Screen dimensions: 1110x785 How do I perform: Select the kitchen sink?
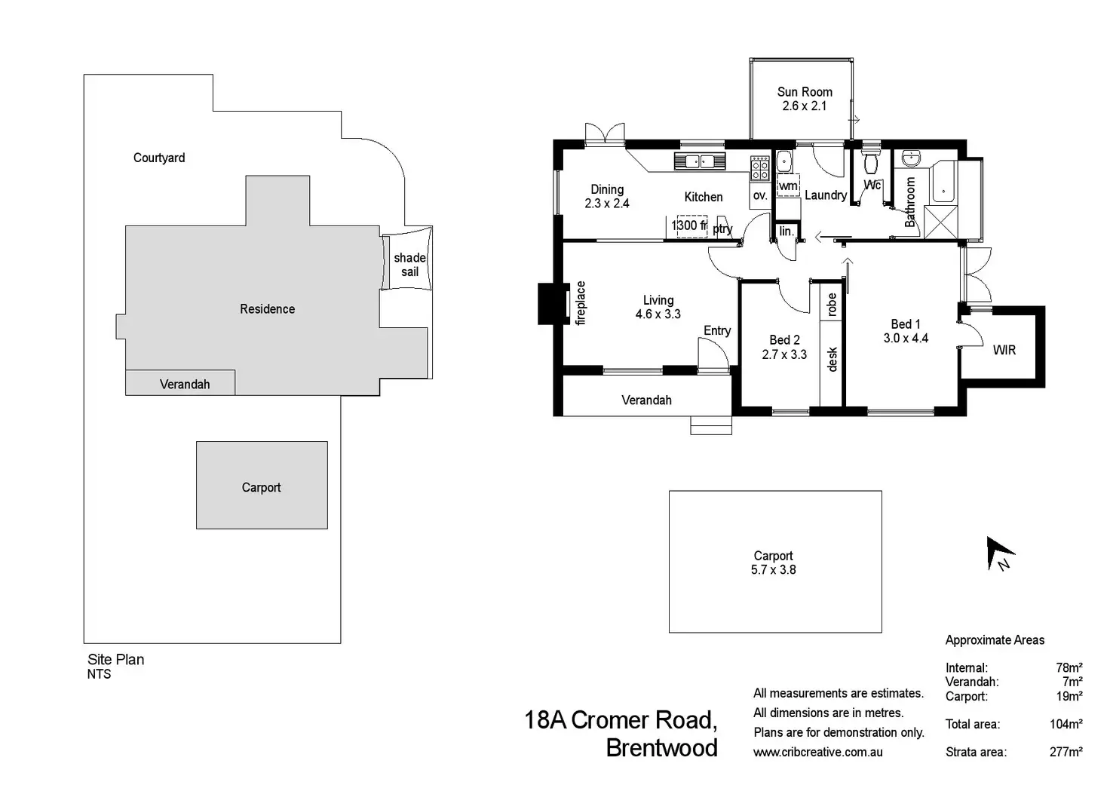[700, 161]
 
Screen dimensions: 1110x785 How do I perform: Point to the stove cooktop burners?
[759, 167]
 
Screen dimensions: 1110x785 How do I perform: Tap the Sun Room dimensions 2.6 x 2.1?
[805, 106]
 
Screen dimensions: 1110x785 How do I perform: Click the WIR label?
[1004, 350]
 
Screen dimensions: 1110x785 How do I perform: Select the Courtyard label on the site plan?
[159, 158]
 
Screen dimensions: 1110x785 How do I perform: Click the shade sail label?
[409, 265]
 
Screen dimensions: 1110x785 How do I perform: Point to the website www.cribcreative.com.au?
[817, 752]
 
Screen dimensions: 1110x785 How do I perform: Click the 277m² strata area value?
[1066, 752]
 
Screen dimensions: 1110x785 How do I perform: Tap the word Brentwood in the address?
[661, 748]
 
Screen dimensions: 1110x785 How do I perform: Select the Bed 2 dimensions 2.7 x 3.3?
[784, 354]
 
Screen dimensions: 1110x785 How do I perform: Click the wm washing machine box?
[788, 186]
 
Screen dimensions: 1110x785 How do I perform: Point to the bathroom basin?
[911, 158]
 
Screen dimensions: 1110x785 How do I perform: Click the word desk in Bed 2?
[832, 359]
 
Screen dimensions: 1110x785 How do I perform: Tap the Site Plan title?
[116, 659]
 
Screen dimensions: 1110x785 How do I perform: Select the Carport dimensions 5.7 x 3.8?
[774, 569]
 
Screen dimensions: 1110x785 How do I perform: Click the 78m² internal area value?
[1069, 667]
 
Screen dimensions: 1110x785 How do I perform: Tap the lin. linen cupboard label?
[787, 231]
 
